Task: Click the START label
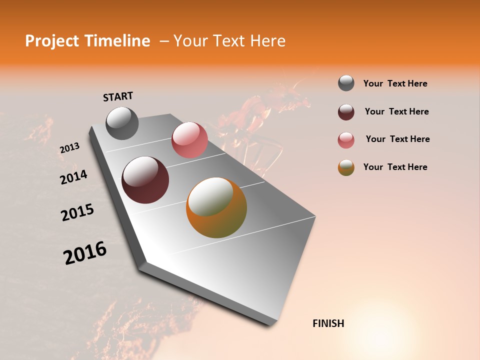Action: tap(118, 96)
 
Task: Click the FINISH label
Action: tap(328, 323)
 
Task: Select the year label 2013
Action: tap(69, 148)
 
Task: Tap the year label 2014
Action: tap(73, 177)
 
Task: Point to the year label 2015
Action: tap(77, 212)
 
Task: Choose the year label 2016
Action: tap(85, 253)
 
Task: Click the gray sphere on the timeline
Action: tap(122, 123)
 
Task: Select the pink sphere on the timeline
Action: tap(189, 140)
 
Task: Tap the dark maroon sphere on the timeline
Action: tap(145, 180)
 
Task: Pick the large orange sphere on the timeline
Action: tap(216, 207)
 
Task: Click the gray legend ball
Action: tap(346, 83)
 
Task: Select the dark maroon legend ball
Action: tap(346, 112)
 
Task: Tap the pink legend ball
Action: tap(346, 140)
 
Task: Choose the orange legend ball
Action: tap(346, 167)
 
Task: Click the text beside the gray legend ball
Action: tap(395, 83)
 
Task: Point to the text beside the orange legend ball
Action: tap(395, 167)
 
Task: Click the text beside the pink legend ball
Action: tap(397, 139)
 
